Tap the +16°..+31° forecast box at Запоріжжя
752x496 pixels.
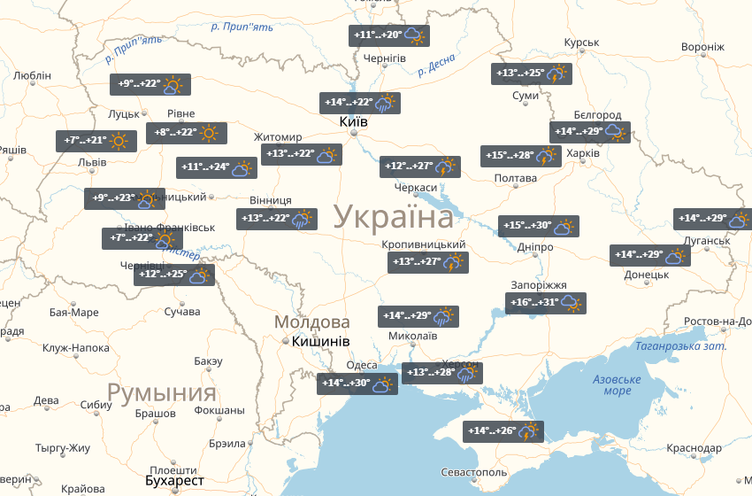[546, 303]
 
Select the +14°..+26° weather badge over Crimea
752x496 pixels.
[503, 431]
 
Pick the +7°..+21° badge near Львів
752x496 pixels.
[96, 140]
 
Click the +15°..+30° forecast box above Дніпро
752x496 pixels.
[538, 226]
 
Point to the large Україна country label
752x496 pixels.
[394, 217]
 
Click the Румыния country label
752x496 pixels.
[162, 392]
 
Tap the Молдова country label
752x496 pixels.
[312, 322]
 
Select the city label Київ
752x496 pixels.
[354, 121]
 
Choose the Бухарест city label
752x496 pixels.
[175, 481]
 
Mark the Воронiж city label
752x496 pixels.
[703, 47]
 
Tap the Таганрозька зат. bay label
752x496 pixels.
[681, 345]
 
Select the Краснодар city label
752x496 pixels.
[694, 449]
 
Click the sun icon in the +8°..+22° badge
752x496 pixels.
[209, 133]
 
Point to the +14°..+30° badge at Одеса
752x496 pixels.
[357, 384]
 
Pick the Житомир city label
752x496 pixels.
[278, 137]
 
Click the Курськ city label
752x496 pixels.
[582, 43]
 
